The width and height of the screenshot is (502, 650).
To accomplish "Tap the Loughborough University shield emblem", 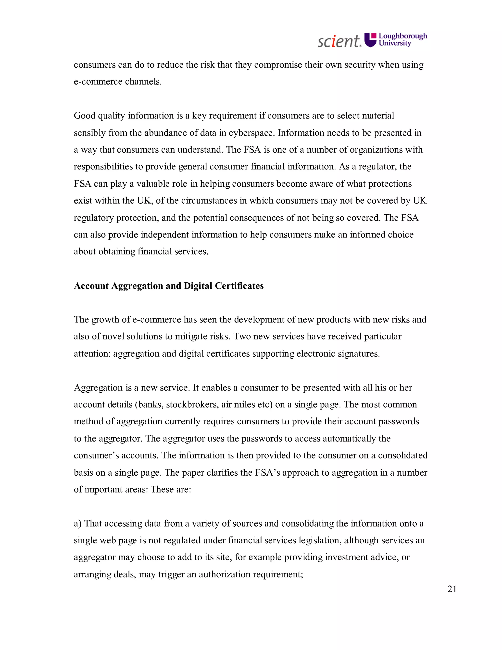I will [371, 40].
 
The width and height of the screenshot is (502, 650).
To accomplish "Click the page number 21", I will [452, 589].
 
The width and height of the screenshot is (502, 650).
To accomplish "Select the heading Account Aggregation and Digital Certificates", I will [169, 286].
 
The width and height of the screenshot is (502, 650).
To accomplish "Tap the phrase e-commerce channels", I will [118, 81].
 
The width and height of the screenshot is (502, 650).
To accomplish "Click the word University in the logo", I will [395, 43].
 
